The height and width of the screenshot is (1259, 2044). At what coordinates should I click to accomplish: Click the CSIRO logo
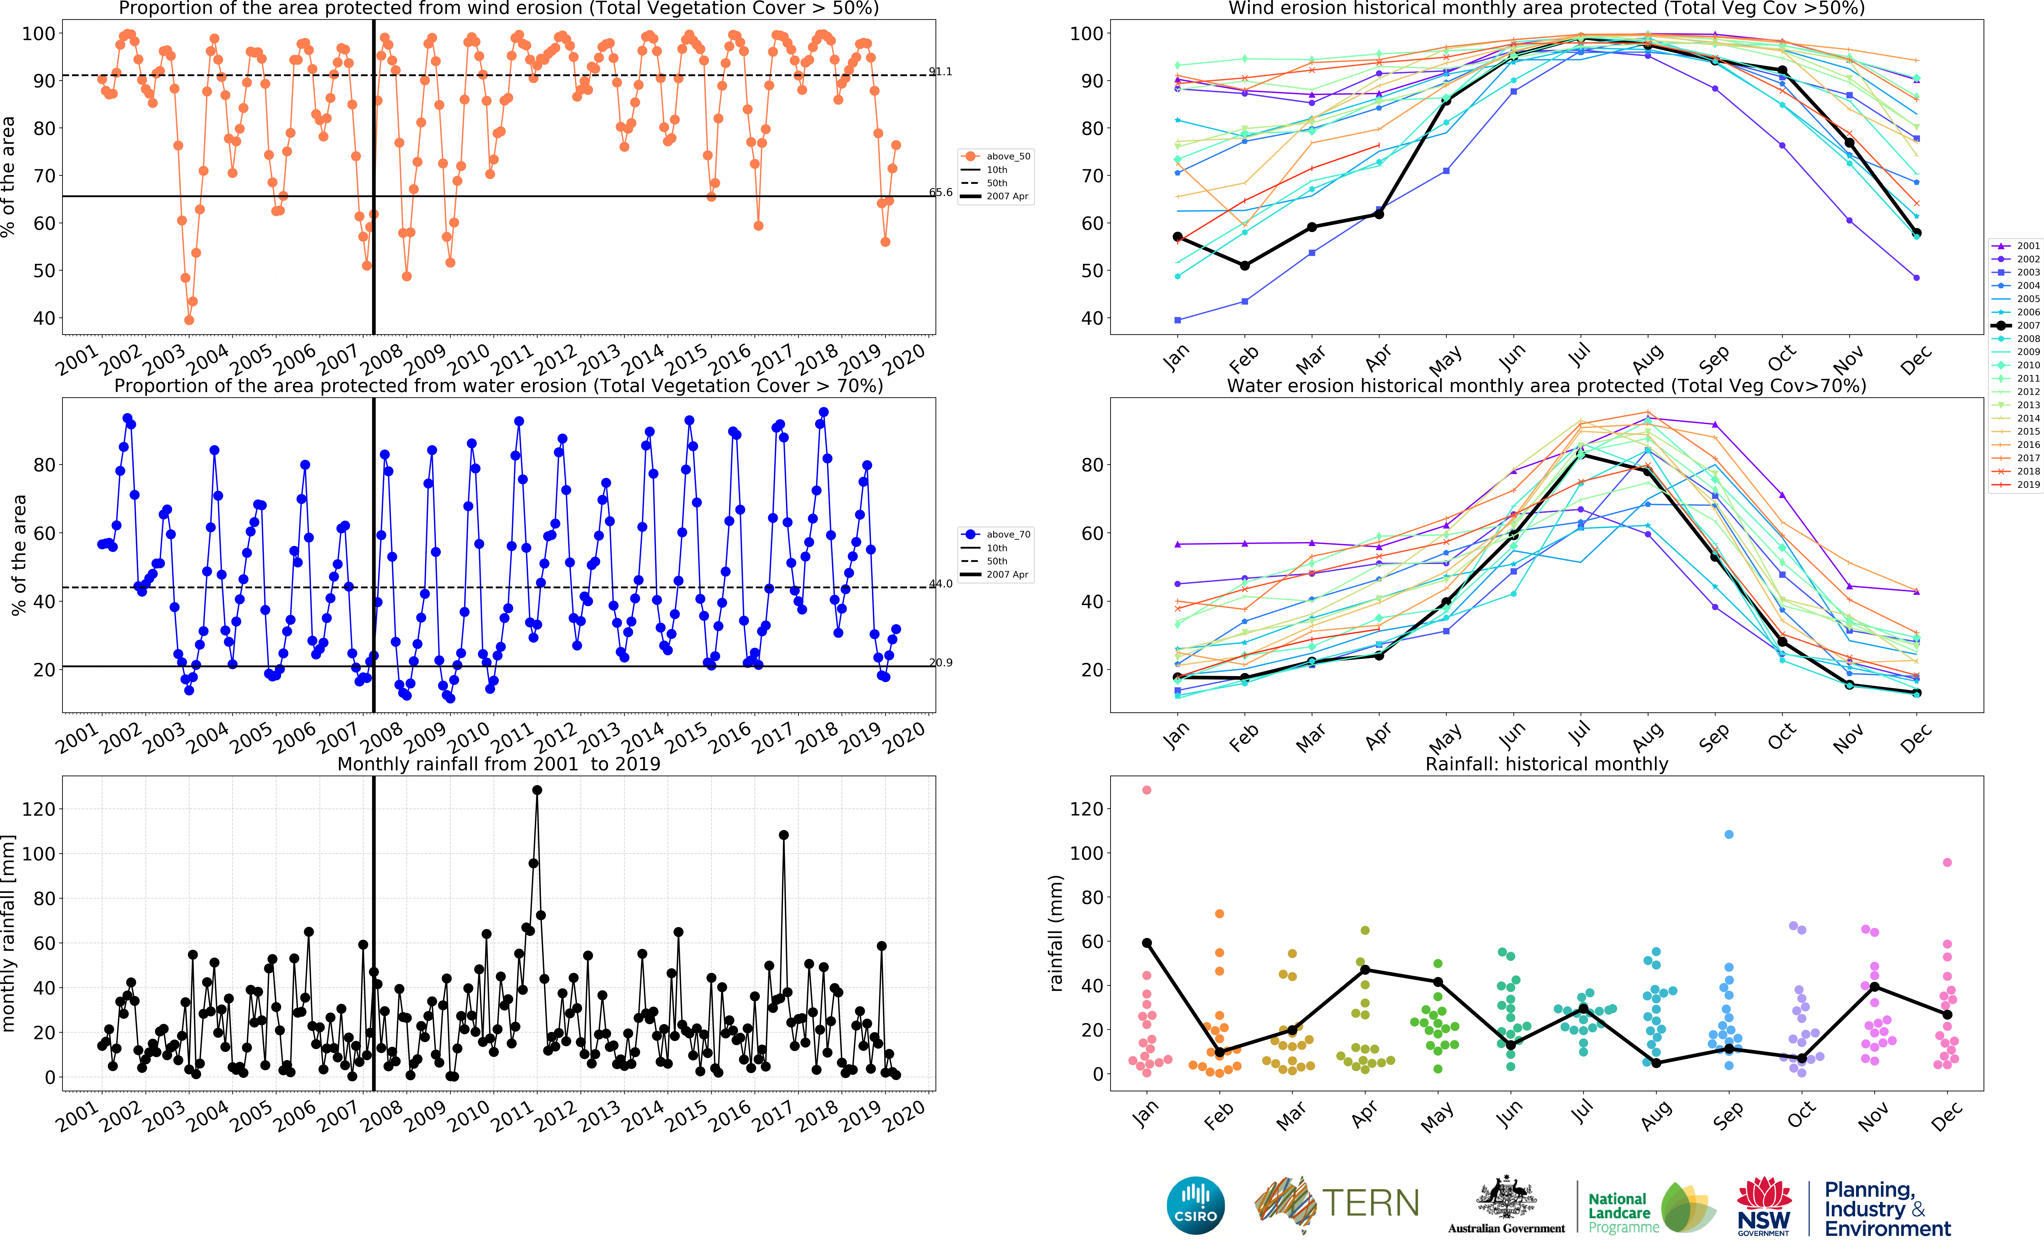click(1196, 1206)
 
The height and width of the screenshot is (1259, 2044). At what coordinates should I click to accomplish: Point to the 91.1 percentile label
click(941, 72)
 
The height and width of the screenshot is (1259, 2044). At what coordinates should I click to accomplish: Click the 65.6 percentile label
click(941, 192)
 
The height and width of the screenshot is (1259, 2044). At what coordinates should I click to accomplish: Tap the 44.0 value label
click(941, 584)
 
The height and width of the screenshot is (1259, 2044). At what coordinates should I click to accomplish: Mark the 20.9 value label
click(941, 663)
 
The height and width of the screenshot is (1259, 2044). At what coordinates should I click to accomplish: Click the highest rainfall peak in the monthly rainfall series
click(537, 790)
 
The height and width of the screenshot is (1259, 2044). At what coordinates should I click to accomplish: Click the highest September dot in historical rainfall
click(1728, 834)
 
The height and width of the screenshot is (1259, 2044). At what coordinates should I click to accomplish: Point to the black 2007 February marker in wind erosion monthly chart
click(1245, 266)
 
